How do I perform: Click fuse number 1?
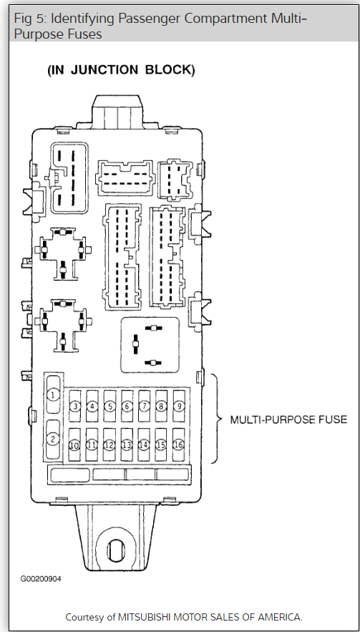coord(53,394)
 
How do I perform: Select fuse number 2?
coord(53,439)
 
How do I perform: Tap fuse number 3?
coord(75,406)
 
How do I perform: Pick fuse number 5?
coord(110,406)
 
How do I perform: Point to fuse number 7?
coord(144,406)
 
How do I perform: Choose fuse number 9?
coord(179,406)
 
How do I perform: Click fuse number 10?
coord(74,444)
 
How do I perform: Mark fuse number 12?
coord(110,444)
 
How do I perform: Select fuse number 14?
coord(144,444)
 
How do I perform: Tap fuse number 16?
coord(178,444)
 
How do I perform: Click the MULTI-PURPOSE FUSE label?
coord(288,419)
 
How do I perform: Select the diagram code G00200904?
coord(41,579)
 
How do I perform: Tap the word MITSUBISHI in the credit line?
coord(142,617)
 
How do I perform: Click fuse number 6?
coord(127,406)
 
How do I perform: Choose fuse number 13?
coord(127,444)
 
